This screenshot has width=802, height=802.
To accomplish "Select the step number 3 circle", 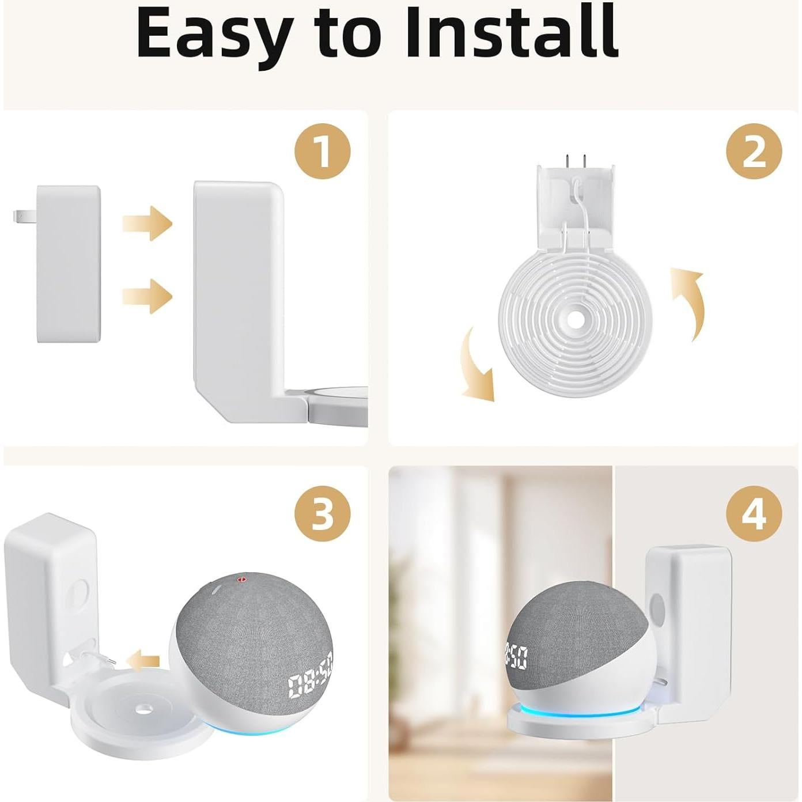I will (322, 512).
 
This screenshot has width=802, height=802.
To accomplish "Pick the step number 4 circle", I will (754, 512).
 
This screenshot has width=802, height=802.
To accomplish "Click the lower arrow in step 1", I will (147, 296).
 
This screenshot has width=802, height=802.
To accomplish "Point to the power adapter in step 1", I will (68, 264).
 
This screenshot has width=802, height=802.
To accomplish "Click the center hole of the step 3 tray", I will (140, 706).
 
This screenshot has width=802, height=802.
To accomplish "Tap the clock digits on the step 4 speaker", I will (516, 656).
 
